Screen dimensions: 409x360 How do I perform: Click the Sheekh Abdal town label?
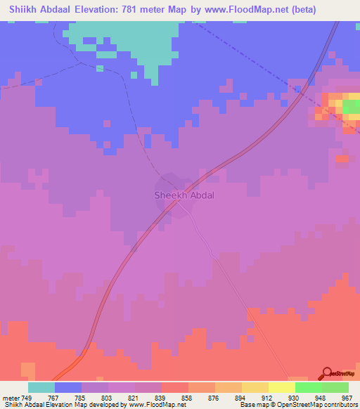tap(184, 195)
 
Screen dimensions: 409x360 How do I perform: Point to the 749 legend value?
tap(27, 398)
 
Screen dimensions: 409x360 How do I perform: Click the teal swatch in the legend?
tap(41, 387)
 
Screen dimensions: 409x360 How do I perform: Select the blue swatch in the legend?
tap(68, 387)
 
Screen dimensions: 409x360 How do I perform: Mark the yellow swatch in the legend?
tap(282, 387)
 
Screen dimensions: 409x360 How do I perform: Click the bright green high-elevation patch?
tap(350, 106)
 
